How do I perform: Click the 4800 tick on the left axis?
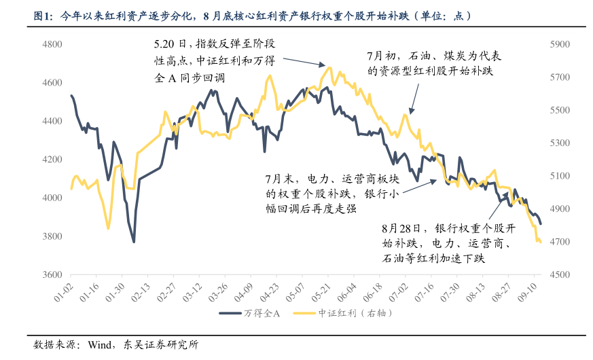(x=52, y=44)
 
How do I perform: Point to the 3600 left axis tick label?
(x=52, y=275)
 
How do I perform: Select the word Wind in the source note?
(x=100, y=344)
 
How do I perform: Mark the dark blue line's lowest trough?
(x=134, y=242)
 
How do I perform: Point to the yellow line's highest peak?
(x=330, y=67)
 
